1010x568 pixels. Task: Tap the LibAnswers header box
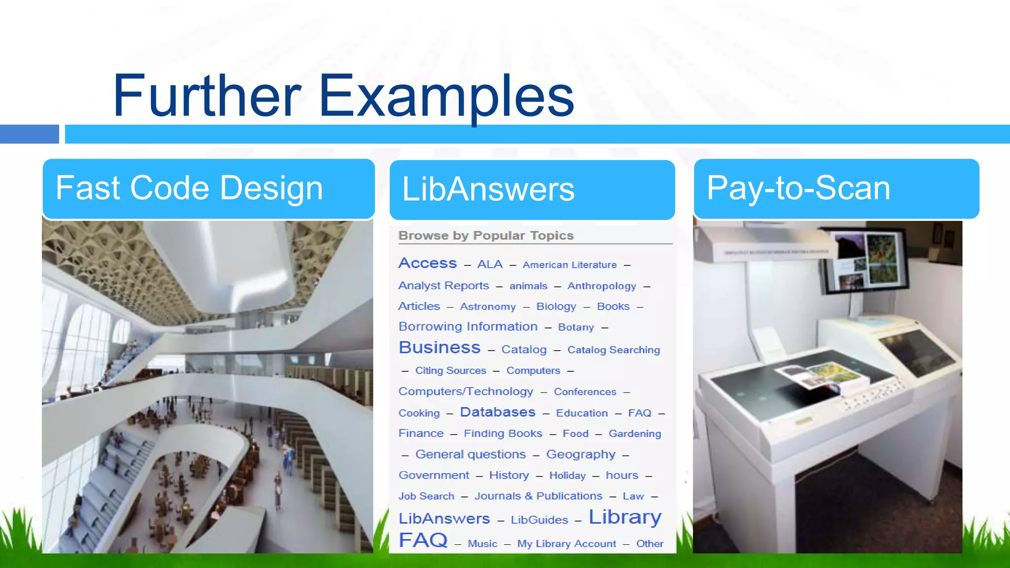click(532, 190)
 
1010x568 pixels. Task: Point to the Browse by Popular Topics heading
click(486, 236)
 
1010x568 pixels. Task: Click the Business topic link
click(439, 348)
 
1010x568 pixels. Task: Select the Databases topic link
click(498, 412)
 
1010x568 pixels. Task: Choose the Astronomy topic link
click(488, 307)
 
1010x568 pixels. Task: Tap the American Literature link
click(570, 265)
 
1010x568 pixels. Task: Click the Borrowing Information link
click(468, 326)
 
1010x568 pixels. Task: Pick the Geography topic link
click(580, 454)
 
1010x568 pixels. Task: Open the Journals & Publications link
click(538, 496)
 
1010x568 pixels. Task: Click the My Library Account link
click(567, 543)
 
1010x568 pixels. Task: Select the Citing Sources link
click(450, 370)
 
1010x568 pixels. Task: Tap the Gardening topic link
click(635, 433)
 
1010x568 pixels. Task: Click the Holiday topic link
click(567, 475)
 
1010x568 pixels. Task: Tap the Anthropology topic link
click(602, 286)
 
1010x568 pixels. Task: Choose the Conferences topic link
click(585, 391)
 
